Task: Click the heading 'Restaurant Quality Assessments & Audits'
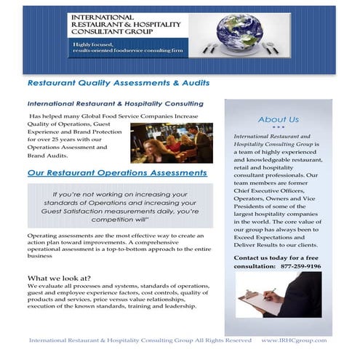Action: coord(108,82)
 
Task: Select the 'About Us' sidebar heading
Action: coord(278,119)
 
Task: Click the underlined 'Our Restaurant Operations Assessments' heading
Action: coord(117,173)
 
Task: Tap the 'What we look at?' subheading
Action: coord(59,279)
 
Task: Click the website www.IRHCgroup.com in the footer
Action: coord(294,340)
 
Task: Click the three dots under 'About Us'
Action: coord(278,128)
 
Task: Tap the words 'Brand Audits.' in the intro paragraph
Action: coord(48,156)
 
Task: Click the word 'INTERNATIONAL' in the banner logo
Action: coord(103,17)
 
